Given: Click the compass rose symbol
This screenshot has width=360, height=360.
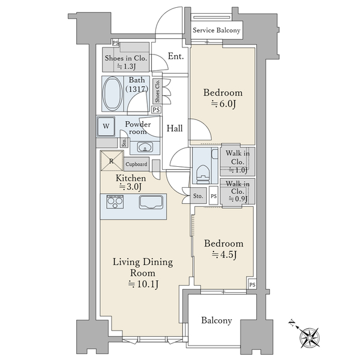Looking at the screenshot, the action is [310, 337].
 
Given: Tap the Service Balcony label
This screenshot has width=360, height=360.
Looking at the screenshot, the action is [216, 31].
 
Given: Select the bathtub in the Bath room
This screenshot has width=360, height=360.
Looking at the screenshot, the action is [113, 94].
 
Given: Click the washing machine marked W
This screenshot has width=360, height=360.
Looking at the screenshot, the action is [106, 126].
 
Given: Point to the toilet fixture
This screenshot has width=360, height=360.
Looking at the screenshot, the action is [203, 174].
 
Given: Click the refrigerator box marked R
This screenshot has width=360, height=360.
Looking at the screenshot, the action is [112, 161].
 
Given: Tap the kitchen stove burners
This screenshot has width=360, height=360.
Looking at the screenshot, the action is [115, 202].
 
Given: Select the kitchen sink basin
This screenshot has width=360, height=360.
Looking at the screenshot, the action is [151, 202].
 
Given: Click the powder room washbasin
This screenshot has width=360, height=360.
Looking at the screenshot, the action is [145, 147].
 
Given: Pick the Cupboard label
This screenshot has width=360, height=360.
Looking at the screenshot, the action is [136, 164].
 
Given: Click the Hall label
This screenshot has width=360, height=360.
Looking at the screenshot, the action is [175, 128].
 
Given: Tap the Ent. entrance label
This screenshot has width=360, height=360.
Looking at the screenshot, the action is [176, 56].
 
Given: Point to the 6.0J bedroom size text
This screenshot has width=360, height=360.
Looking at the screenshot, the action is [223, 104].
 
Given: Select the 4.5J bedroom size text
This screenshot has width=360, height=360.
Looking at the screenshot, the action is [224, 254].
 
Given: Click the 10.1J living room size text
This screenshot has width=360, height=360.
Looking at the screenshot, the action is [143, 284].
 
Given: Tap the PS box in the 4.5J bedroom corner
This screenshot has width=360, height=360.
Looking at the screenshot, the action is [253, 284].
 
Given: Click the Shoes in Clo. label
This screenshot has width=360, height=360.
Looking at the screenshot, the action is [126, 58].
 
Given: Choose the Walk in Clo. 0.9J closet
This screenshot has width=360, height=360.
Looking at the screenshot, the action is [238, 191].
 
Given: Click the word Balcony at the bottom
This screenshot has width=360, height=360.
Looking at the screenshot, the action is [217, 320].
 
